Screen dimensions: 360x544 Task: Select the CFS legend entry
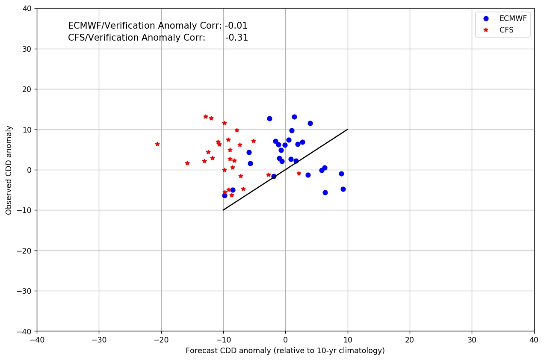(x=506, y=30)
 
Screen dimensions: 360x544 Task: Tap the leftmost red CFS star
(x=157, y=144)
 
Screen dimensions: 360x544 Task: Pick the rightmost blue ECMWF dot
(x=343, y=189)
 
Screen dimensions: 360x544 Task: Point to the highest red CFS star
(x=206, y=117)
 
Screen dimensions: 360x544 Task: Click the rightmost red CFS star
(x=299, y=174)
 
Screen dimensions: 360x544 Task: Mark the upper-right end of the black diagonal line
(x=348, y=129)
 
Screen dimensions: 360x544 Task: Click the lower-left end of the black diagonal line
(x=223, y=210)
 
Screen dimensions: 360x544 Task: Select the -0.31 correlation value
(x=237, y=38)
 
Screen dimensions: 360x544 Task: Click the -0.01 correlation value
(x=236, y=26)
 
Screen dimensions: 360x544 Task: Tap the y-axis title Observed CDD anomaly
(x=9, y=170)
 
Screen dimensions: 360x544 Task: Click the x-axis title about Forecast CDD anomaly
(x=285, y=351)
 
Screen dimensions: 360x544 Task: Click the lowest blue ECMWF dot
(x=225, y=195)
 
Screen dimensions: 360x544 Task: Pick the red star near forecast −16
(x=187, y=163)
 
